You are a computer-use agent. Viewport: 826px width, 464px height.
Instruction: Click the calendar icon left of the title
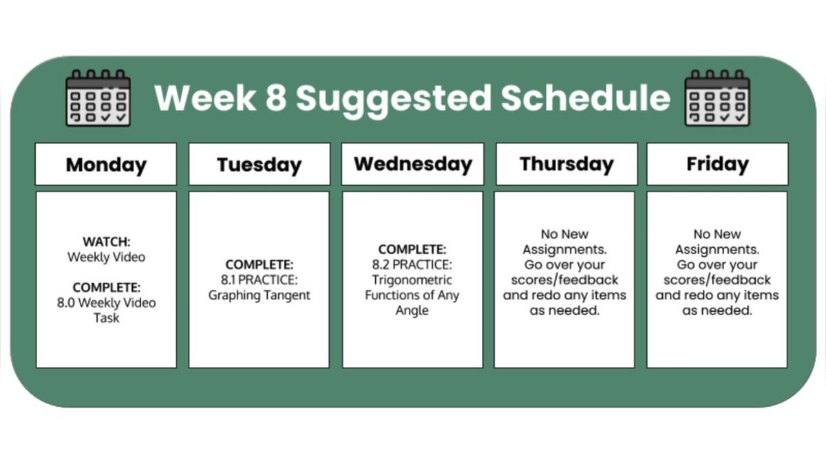[x=98, y=98]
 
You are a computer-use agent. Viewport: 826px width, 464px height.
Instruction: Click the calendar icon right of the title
[x=717, y=98]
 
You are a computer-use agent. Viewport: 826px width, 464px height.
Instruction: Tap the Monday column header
[x=106, y=164]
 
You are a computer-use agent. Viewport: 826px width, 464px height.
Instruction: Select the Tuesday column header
[x=260, y=164]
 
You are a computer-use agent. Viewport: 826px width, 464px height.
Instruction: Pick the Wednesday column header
[x=412, y=164]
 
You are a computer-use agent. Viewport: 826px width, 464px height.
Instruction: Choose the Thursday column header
[x=566, y=164]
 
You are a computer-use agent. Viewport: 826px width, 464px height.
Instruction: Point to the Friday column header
[x=717, y=164]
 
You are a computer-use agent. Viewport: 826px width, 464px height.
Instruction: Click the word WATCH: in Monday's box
[x=107, y=242]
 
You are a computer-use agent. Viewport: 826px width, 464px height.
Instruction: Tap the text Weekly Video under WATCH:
[x=107, y=257]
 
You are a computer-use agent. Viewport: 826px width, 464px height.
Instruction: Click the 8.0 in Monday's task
[x=66, y=303]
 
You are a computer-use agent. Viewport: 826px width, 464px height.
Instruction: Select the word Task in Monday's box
[x=107, y=318]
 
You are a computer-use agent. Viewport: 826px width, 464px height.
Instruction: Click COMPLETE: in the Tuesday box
[x=260, y=265]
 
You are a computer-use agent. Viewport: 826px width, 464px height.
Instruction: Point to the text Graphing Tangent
[x=260, y=295]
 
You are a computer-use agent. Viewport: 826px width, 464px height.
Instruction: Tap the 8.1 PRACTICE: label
[x=260, y=280]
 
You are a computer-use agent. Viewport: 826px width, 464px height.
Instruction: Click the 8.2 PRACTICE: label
[x=412, y=265]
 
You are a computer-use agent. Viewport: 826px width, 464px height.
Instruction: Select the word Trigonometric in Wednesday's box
[x=412, y=280]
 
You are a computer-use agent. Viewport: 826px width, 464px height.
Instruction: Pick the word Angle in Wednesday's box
[x=412, y=310]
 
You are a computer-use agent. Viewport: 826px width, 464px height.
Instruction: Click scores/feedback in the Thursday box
[x=564, y=280]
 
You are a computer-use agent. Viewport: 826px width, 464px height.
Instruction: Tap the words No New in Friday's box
[x=717, y=234]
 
